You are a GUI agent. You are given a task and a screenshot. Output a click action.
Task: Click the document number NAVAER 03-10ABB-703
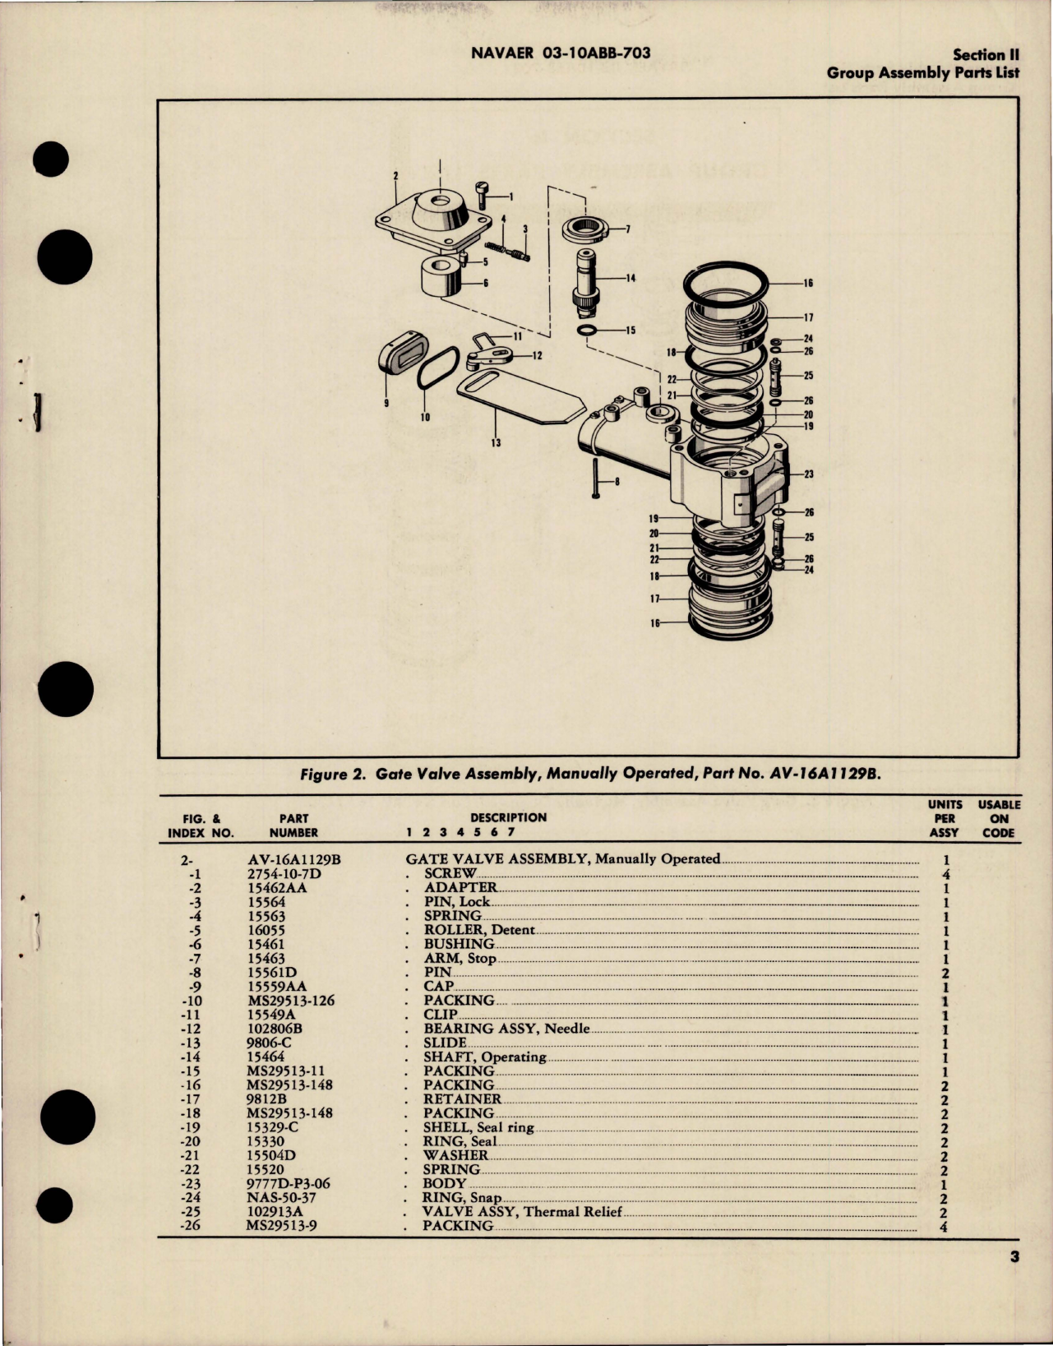[561, 53]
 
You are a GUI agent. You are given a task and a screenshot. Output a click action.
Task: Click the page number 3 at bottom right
[1014, 1256]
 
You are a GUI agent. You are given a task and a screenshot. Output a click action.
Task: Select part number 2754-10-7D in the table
[284, 873]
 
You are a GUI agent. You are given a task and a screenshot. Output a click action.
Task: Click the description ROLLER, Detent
[479, 930]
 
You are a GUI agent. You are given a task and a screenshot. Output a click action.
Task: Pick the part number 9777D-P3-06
[293, 1183]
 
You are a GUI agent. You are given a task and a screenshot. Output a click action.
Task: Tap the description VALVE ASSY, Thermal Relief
[522, 1211]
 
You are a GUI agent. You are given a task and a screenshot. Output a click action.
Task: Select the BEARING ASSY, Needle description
[506, 1029]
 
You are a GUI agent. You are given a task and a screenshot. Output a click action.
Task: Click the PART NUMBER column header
[293, 825]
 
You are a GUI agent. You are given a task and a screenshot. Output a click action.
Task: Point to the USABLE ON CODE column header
[999, 818]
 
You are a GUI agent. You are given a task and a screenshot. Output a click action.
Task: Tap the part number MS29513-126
[290, 1001]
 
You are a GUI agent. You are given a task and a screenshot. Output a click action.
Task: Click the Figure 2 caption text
[589, 774]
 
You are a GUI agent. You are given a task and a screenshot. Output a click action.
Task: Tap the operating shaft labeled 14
[587, 280]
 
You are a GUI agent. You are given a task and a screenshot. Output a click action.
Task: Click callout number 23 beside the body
[808, 474]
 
